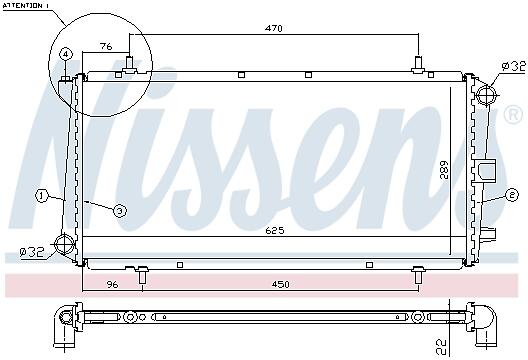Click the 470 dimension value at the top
273,28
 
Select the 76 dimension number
106,46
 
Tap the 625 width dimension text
275,230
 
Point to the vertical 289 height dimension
444,170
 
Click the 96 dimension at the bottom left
112,285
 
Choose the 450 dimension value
280,285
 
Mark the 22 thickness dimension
442,347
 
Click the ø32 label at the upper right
513,66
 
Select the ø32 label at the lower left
32,252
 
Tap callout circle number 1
41,196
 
